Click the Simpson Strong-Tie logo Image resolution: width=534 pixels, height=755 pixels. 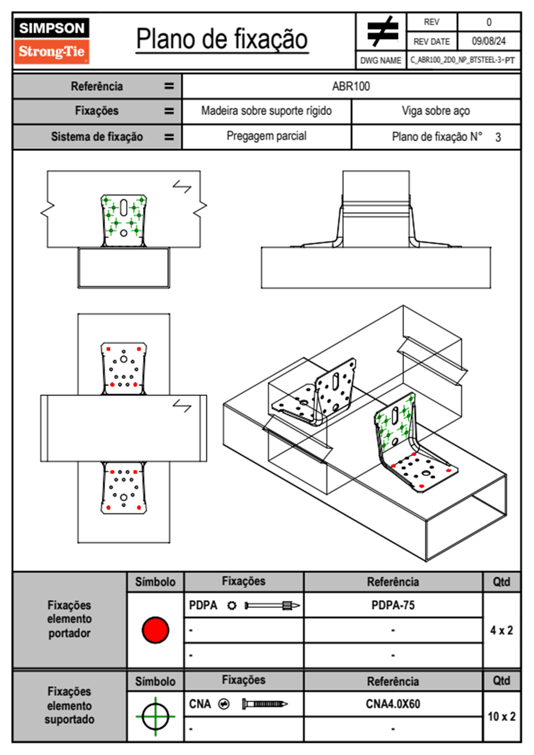pos(52,41)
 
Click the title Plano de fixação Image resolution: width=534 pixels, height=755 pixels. pos(222,39)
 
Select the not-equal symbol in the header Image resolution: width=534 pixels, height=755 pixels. pos(382,31)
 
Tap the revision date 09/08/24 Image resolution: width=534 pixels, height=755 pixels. pos(488,41)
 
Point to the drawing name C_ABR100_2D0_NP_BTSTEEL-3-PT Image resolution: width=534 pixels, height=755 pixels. pos(462,60)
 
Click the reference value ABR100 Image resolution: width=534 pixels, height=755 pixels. pos(351,86)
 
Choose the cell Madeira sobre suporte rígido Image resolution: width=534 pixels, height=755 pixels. pos(266,111)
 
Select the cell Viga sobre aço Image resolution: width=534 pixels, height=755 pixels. pos(435,111)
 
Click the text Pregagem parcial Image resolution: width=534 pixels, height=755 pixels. pos(266,136)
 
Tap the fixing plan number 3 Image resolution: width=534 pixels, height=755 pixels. pos(498,137)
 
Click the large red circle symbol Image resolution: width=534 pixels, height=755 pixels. pos(155,630)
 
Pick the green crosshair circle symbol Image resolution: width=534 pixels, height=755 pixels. pos(155,716)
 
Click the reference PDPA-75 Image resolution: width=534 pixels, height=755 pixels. pos(393,606)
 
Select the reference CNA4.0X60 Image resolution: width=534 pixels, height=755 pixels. pos(393,704)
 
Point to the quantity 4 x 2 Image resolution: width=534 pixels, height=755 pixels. pos(501,630)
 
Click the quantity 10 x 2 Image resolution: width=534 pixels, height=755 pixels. pos(501,716)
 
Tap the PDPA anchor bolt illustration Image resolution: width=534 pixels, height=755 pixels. pos(272,606)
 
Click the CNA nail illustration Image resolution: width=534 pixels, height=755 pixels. pos(265,704)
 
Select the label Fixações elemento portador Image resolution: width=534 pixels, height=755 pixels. pos(70,619)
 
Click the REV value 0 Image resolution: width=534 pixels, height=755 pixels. pos(489,22)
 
